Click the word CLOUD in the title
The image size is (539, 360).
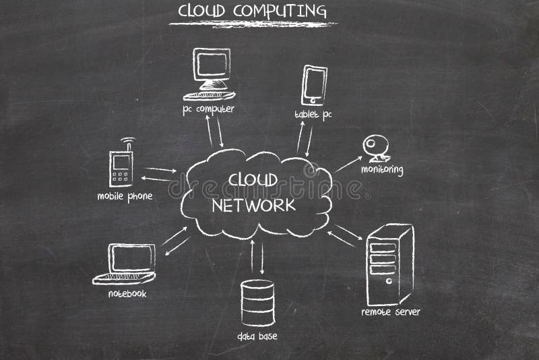pos(201,11)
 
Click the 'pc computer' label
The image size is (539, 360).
pos(208,109)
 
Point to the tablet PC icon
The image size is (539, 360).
pos(314,85)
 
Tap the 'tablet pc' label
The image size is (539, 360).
pos(313,115)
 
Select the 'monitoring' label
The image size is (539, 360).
pos(382,169)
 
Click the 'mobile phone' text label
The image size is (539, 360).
pos(125,196)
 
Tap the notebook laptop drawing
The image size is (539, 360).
pos(127,264)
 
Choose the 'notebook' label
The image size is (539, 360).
pos(127,294)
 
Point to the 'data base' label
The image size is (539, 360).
pos(257,336)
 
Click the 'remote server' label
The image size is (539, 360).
pos(391,312)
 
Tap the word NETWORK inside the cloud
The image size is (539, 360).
pos(253,205)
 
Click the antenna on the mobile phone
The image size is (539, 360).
pos(126,144)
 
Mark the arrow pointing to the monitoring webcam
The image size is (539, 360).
pos(348,164)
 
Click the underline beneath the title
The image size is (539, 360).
pos(253,25)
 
